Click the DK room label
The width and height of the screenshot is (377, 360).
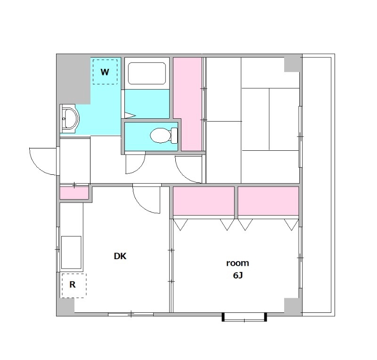(120, 256)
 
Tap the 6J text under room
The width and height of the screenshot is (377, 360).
(238, 275)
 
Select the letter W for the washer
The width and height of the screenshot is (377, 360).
(105, 72)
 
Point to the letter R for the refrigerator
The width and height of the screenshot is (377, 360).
(73, 285)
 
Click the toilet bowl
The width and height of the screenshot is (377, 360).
(164, 135)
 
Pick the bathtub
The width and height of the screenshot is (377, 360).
(147, 74)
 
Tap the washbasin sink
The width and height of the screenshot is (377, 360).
(70, 119)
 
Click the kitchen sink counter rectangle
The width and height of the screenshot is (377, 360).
(71, 252)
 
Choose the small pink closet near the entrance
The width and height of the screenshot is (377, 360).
(74, 193)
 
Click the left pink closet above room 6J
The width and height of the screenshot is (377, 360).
(204, 201)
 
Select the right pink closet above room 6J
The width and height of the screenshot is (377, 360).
(268, 201)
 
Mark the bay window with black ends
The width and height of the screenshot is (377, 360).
(244, 317)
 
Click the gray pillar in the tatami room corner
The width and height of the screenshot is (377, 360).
(293, 65)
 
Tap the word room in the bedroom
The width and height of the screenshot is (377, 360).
(238, 263)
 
